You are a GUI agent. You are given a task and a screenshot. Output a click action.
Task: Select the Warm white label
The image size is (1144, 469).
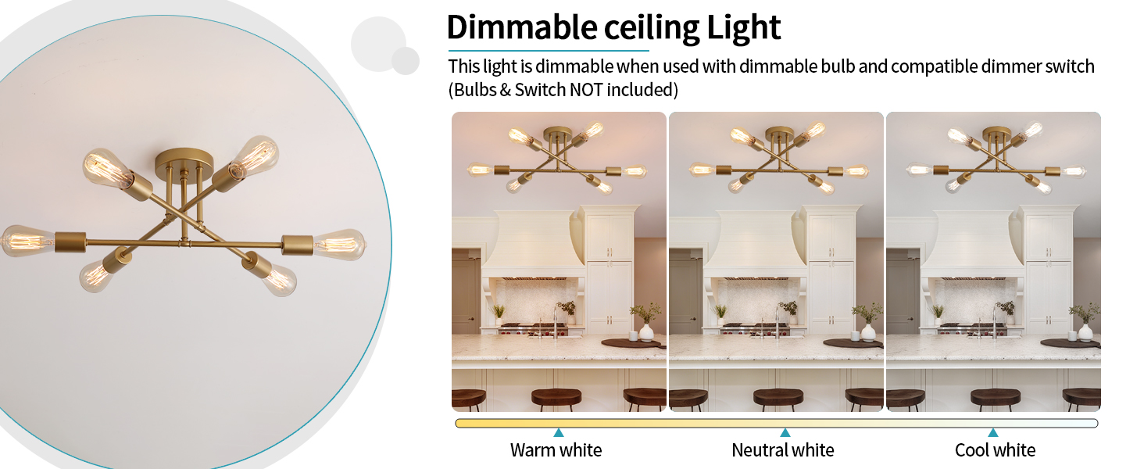(x=556, y=450)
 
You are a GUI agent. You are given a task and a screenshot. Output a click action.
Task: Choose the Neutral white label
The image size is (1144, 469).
(x=782, y=450)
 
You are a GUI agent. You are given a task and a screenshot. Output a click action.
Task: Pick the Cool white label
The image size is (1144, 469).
(x=995, y=450)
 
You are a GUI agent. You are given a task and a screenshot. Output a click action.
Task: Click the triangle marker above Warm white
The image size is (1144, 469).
(x=558, y=432)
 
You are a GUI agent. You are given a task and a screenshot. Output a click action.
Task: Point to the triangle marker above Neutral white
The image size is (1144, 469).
(x=785, y=432)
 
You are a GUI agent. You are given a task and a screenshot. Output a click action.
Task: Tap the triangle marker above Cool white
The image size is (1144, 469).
(x=992, y=432)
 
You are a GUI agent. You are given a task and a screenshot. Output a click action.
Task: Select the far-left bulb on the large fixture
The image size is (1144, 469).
(x=26, y=240)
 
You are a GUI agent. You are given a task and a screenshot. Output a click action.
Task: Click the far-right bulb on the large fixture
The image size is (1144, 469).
(x=340, y=243)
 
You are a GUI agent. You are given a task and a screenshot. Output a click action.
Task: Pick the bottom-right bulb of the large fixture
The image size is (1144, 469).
(x=277, y=277)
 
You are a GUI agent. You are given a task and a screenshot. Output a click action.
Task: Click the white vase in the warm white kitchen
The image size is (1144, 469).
(x=646, y=331)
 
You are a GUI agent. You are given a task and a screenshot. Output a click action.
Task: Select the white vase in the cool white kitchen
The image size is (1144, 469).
(x=1085, y=331)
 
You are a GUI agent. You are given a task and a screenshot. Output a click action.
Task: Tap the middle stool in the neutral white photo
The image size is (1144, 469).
(x=778, y=398)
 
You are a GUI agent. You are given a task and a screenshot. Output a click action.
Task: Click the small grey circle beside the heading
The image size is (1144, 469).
(x=406, y=60)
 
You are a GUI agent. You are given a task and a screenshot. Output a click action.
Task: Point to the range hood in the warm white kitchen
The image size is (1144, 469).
(x=534, y=242)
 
